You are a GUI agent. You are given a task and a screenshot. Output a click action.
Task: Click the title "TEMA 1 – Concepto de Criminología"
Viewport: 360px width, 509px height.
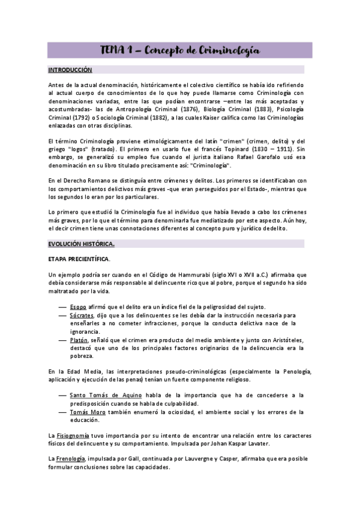pos(179,50)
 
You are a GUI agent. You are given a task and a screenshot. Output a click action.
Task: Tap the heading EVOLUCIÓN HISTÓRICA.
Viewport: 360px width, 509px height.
pos(81,244)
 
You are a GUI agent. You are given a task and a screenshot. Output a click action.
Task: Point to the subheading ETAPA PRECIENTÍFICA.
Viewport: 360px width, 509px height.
pos(79,259)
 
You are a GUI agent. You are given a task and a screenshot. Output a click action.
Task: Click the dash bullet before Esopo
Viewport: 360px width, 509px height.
pos(62,307)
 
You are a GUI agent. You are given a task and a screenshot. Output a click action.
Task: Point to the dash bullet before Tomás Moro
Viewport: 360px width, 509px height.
pos(62,412)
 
